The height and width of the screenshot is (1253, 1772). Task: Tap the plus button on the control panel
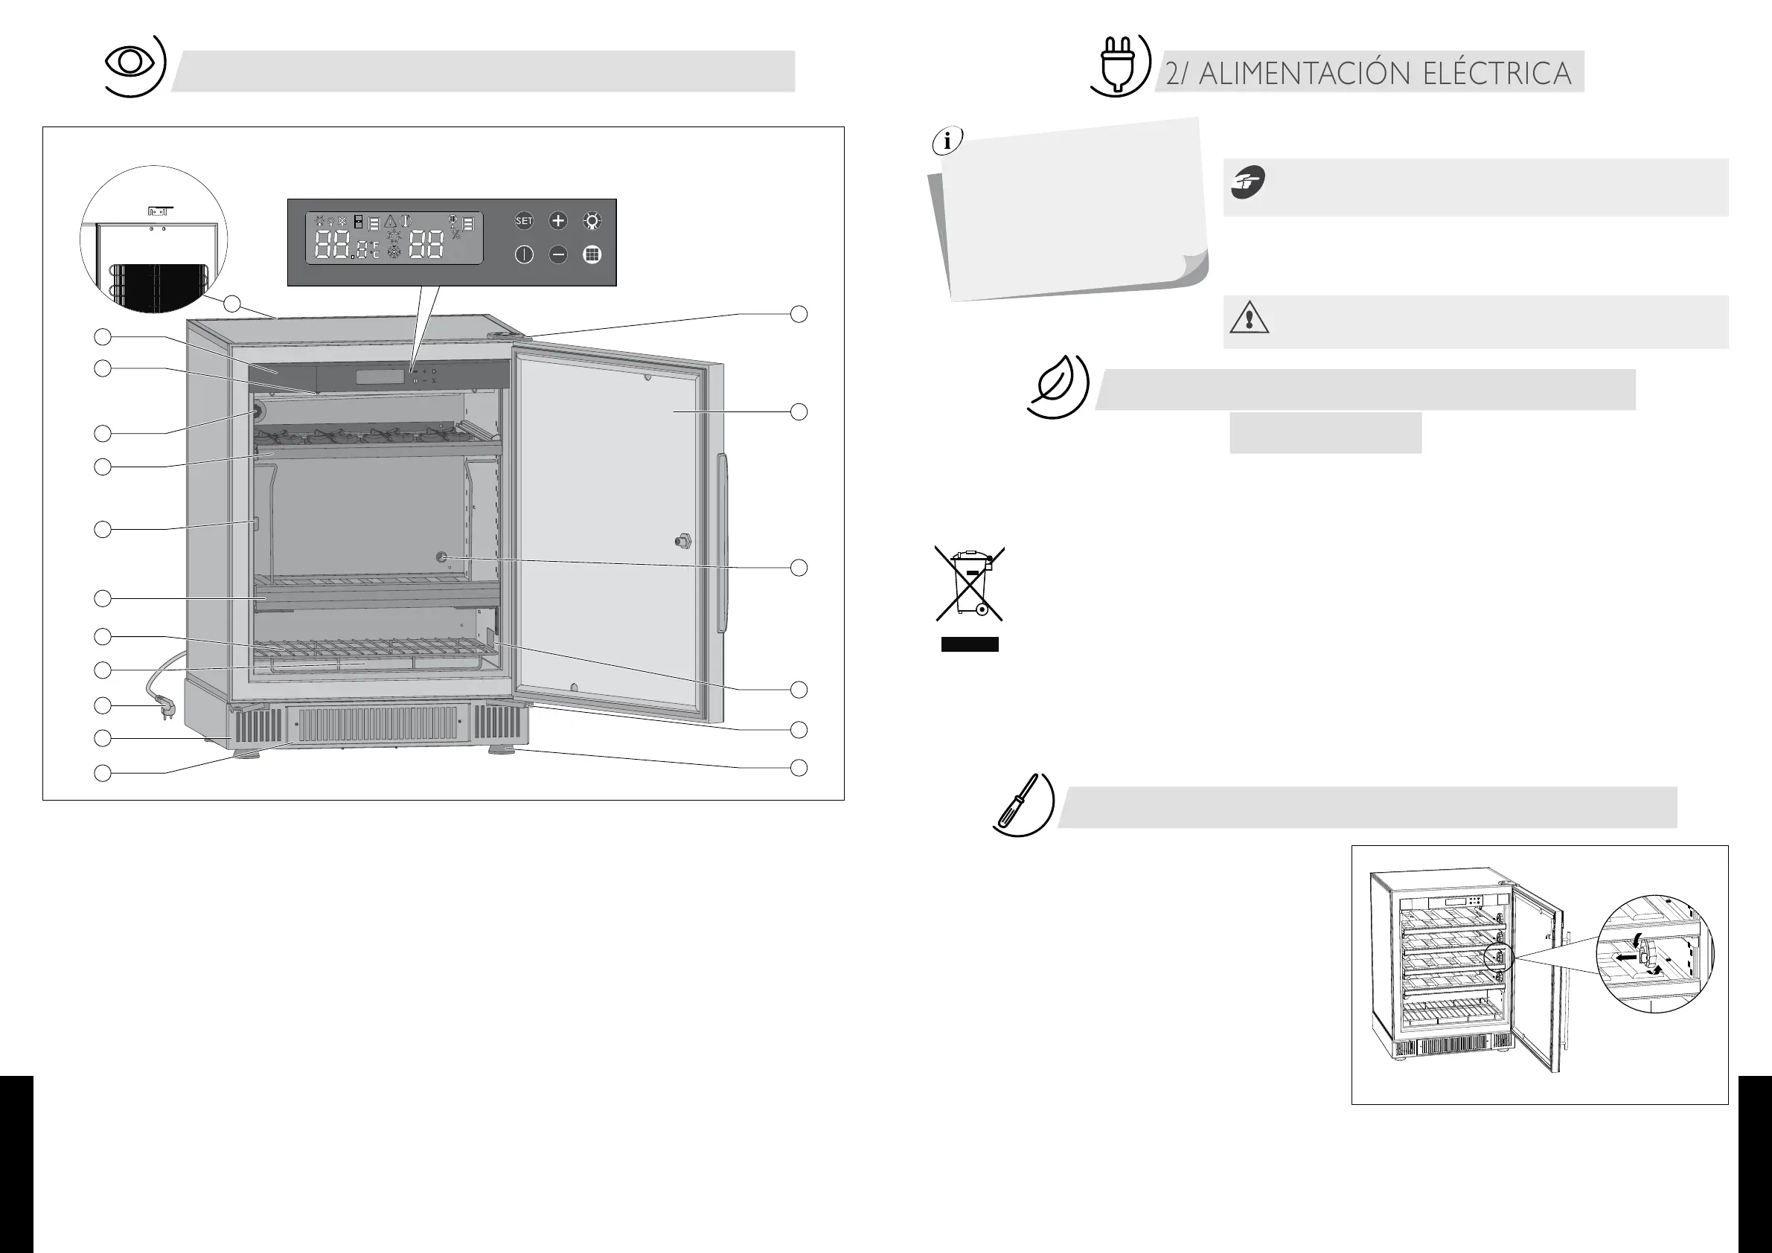(x=558, y=222)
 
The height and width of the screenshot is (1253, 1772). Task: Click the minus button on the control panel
(x=558, y=254)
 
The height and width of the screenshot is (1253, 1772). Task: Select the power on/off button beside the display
(x=524, y=254)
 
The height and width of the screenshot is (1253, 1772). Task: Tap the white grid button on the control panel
(x=592, y=254)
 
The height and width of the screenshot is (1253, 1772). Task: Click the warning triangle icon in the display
(x=391, y=222)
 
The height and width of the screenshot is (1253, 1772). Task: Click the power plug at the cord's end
(x=165, y=706)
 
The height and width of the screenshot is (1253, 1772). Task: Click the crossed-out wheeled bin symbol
(x=969, y=583)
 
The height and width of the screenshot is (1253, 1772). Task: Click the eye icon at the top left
(x=129, y=63)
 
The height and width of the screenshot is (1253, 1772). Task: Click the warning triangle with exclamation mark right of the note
(x=1249, y=318)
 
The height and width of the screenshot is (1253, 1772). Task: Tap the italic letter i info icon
(x=947, y=142)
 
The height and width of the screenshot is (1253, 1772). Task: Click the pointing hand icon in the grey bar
(x=1248, y=183)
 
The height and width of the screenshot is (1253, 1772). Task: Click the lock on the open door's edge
(x=682, y=540)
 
